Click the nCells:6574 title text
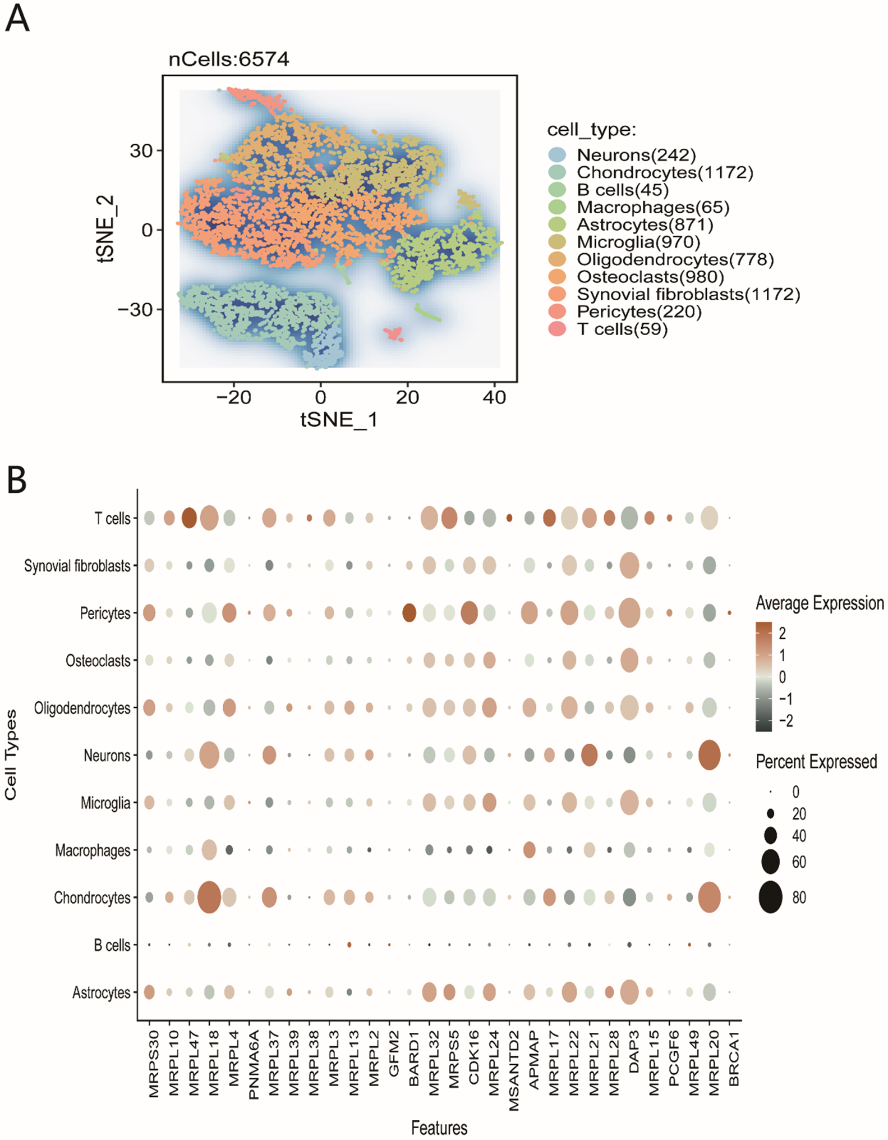click(229, 59)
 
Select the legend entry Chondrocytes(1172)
click(665, 172)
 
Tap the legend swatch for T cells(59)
click(557, 329)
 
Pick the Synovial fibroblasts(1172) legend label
click(688, 294)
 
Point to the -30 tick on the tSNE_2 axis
click(135, 309)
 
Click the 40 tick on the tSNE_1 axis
click(494, 397)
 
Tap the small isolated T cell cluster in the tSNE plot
click(394, 335)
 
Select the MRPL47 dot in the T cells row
click(190, 518)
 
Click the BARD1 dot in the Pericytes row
click(410, 613)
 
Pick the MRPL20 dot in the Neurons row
click(710, 756)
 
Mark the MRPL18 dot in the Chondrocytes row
click(209, 898)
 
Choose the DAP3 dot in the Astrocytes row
click(629, 992)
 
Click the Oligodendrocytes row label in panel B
click(82, 708)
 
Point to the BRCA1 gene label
click(734, 1059)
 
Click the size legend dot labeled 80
click(771, 897)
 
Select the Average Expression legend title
click(820, 603)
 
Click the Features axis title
click(439, 1127)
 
